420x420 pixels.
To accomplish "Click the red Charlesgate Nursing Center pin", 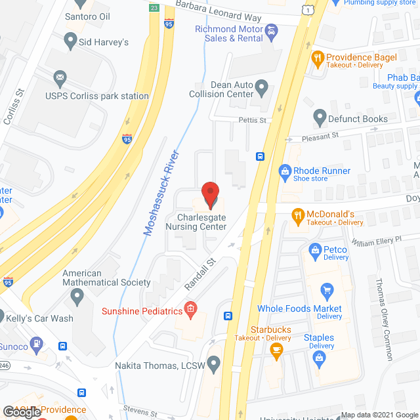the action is pos(211,195).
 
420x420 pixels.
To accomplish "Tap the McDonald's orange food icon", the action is pos(297,214).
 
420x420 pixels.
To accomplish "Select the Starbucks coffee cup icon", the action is pos(277,348).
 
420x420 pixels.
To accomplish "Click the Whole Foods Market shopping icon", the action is pos(326,289).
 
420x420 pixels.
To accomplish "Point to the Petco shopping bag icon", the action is pos(315,249).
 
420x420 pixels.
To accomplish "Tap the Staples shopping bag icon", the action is pos(320,358).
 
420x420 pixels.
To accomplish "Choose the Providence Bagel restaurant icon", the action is pos(318,57).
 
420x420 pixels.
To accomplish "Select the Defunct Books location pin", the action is pos(320,119).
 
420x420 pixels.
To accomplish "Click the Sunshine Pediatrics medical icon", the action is pos(190,308).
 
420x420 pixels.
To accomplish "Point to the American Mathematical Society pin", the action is pos(77,298).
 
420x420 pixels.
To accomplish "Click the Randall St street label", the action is pos(199,273).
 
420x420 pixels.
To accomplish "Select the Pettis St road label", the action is pos(252,120).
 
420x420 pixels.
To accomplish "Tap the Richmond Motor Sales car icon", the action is pos(270,30).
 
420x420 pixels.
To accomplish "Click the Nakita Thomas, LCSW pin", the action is pos(213,364).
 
